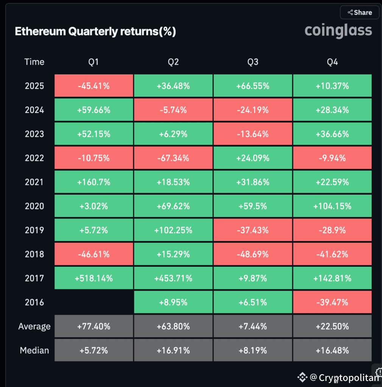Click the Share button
click(359, 12)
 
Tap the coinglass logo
click(338, 31)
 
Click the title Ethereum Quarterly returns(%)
click(95, 32)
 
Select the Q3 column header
click(253, 62)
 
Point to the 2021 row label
click(34, 182)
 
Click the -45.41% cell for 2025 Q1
click(94, 86)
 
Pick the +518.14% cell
click(94, 279)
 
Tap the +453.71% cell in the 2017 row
click(173, 279)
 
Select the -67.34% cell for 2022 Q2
click(173, 158)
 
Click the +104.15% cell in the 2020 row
click(332, 206)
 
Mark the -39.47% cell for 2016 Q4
click(332, 302)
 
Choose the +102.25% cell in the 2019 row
click(173, 230)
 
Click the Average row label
click(34, 327)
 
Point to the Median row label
click(34, 350)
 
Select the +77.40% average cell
click(94, 327)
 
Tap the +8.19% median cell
click(253, 350)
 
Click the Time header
click(34, 62)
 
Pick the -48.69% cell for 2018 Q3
click(253, 254)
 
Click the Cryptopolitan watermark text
click(348, 378)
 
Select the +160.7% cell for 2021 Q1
click(94, 182)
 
